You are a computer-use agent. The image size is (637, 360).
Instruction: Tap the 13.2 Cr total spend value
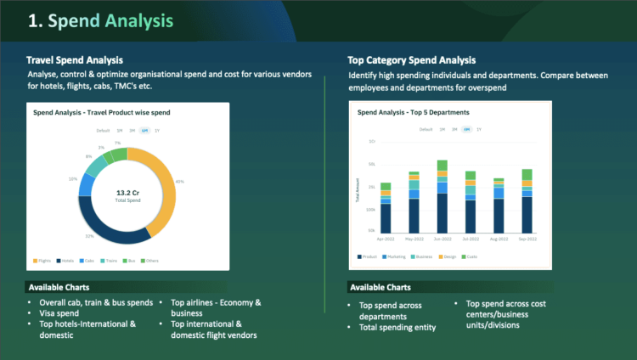pyautogui.click(x=127, y=193)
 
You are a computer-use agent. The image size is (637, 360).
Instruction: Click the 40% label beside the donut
pyautogui.click(x=179, y=182)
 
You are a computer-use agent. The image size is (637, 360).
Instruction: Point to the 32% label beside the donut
pyautogui.click(x=89, y=235)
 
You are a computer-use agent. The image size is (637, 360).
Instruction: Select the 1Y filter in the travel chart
pyautogui.click(x=157, y=130)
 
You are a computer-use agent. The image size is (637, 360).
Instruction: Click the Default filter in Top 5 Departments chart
pyautogui.click(x=426, y=129)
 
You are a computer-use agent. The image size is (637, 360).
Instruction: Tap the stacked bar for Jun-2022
pyautogui.click(x=442, y=196)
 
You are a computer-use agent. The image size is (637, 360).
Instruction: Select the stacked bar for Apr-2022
pyautogui.click(x=386, y=207)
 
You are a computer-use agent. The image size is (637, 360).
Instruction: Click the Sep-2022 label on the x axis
pyautogui.click(x=527, y=239)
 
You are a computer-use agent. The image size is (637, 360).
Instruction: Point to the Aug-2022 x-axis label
pyautogui.click(x=499, y=239)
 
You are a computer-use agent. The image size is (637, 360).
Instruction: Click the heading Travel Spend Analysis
pyautogui.click(x=75, y=60)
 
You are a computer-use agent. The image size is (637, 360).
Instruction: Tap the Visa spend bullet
pyautogui.click(x=59, y=313)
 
